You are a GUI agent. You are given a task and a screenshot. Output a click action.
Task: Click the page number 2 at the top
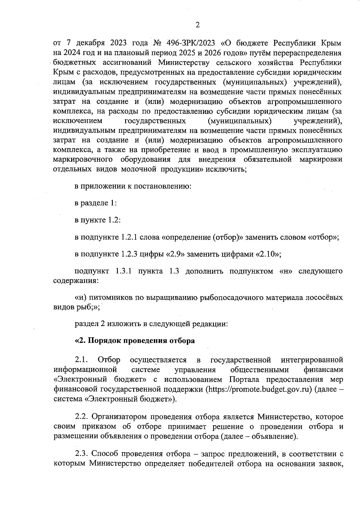tap(197, 25)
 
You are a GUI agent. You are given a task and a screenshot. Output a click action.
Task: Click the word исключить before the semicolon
tap(226, 169)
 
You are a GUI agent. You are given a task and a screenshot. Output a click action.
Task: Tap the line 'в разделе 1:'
tap(95, 203)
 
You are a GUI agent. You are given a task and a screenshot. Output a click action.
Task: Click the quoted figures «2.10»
tap(267, 254)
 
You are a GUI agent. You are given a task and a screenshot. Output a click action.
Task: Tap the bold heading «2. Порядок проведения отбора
tap(135, 341)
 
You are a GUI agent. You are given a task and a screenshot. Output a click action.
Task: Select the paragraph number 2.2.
tap(81, 417)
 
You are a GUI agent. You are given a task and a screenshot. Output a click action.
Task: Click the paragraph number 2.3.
tap(81, 454)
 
